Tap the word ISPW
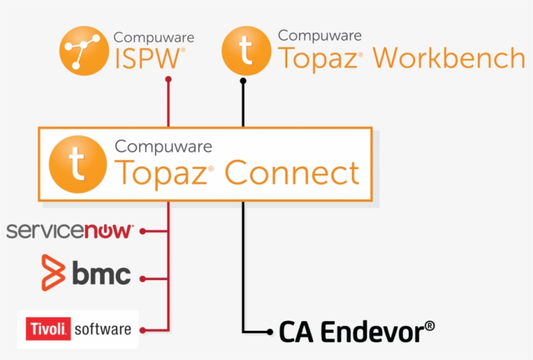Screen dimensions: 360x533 click(x=148, y=58)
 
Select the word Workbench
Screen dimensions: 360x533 click(x=448, y=58)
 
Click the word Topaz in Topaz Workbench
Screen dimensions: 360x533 click(x=317, y=58)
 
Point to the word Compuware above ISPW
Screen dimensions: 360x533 click(x=153, y=38)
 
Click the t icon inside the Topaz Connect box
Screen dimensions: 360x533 click(x=78, y=164)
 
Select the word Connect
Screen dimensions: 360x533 click(x=292, y=173)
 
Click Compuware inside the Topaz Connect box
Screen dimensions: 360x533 click(x=163, y=146)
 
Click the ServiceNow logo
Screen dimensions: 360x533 click(x=70, y=231)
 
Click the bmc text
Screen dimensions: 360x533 click(x=101, y=275)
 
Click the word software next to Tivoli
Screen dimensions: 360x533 click(x=103, y=329)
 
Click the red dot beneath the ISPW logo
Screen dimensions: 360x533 click(x=168, y=79)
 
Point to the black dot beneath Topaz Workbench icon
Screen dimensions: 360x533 click(x=243, y=81)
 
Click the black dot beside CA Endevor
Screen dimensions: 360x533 click(x=270, y=332)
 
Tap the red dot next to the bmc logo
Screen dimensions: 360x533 click(x=142, y=279)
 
